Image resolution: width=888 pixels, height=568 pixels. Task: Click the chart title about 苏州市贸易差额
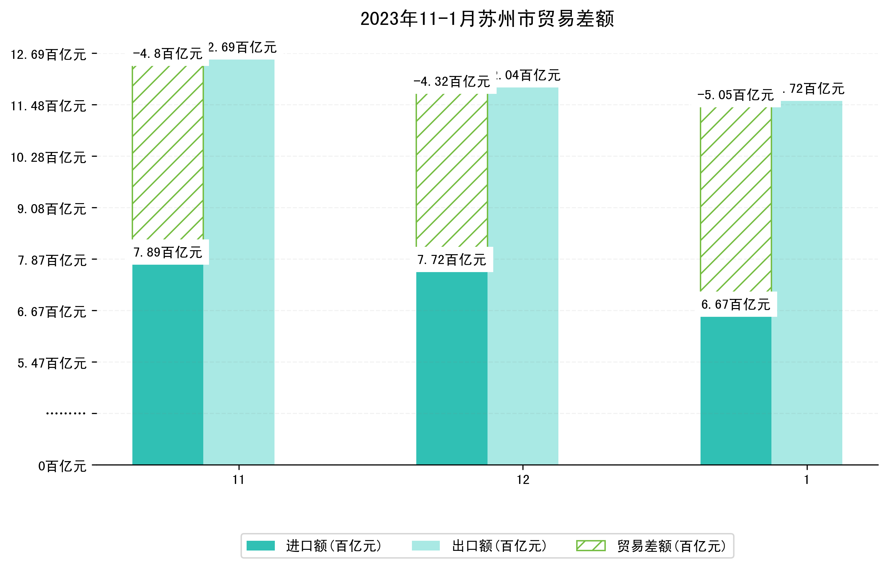click(x=487, y=19)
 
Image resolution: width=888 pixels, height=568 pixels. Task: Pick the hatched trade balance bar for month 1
click(x=736, y=199)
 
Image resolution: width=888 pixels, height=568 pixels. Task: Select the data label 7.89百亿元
click(x=168, y=253)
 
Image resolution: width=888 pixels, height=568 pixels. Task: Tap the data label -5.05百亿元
click(x=736, y=95)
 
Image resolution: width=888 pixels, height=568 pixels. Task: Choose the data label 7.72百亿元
click(x=452, y=260)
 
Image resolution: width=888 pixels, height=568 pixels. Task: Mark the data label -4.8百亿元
click(x=168, y=54)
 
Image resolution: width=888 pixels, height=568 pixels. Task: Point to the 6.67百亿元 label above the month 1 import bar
click(x=736, y=304)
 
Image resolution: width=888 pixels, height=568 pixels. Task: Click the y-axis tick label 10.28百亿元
click(x=48, y=158)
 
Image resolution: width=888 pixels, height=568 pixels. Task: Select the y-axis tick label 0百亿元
click(x=62, y=466)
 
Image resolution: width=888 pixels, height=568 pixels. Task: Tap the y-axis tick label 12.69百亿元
click(x=48, y=54)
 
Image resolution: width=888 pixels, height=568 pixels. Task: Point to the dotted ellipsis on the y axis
click(x=66, y=413)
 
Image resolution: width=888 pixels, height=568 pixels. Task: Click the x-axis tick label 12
click(x=523, y=480)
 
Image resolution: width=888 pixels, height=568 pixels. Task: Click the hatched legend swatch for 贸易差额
click(x=591, y=546)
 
